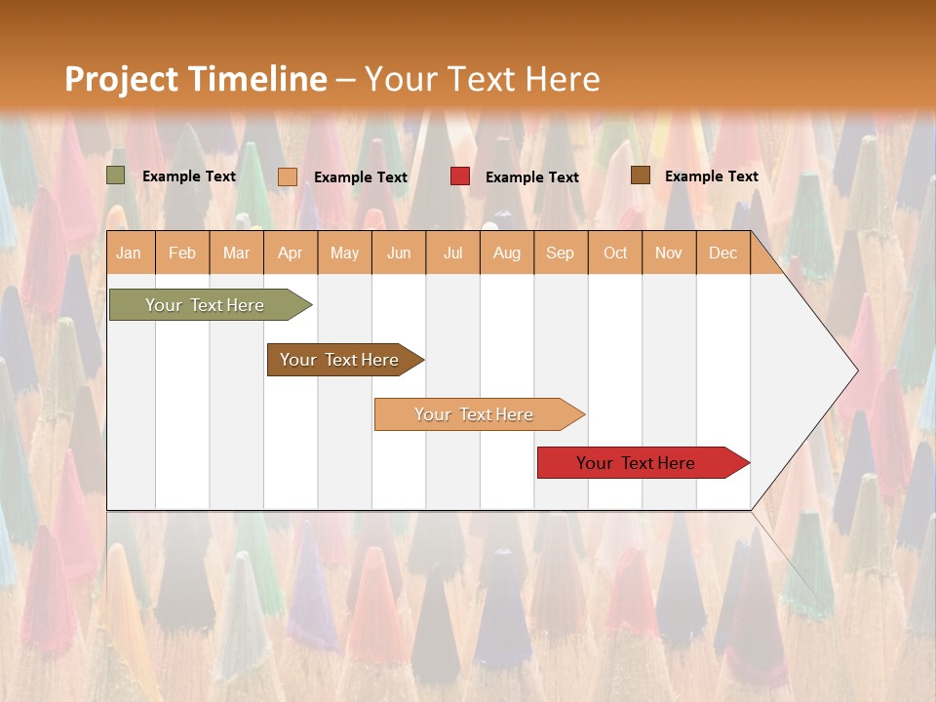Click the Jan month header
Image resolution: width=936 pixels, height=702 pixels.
tap(130, 253)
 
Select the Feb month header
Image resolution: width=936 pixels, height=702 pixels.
tap(182, 253)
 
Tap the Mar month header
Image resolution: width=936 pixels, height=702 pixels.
tap(236, 253)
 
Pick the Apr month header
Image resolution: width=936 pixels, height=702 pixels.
tap(291, 253)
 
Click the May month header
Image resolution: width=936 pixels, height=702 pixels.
tap(344, 253)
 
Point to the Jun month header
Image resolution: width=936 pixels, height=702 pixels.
tap(399, 253)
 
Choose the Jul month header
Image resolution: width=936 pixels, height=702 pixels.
tap(452, 253)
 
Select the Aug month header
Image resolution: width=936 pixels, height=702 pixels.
tap(507, 253)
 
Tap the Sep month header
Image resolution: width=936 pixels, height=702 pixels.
tap(561, 253)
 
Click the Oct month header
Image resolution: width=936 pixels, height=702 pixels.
tap(615, 253)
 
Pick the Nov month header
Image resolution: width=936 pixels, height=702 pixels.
tap(669, 253)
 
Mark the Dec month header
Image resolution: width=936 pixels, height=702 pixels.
tap(723, 253)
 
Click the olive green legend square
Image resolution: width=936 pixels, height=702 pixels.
tap(116, 175)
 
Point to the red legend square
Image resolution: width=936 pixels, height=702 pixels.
tap(460, 176)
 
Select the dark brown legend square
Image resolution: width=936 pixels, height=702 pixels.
tap(640, 175)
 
